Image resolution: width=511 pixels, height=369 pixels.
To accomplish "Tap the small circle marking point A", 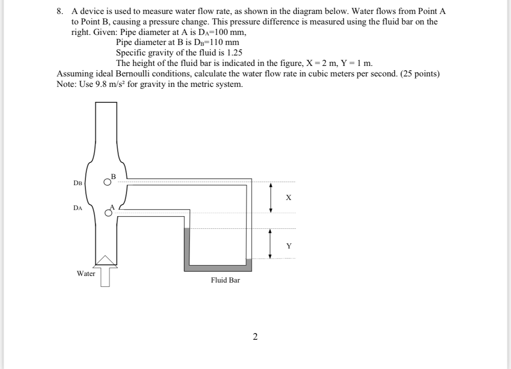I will pyautogui.click(x=108, y=213).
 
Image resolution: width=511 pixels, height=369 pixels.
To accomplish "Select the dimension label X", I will pyautogui.click(x=288, y=198).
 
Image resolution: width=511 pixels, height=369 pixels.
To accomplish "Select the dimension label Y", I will pyautogui.click(x=288, y=246).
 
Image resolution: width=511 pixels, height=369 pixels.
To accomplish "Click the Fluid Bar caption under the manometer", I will pyautogui.click(x=225, y=280).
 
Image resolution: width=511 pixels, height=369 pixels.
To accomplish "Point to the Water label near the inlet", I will pyautogui.click(x=86, y=274).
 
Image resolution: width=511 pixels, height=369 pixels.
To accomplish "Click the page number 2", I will pyautogui.click(x=255, y=336).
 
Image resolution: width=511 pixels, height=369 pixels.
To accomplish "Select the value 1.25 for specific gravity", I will pyautogui.click(x=233, y=53).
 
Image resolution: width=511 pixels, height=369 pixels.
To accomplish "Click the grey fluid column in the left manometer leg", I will pyautogui.click(x=187, y=247).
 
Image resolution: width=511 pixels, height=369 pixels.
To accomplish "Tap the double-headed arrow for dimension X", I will pyautogui.click(x=271, y=198).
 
